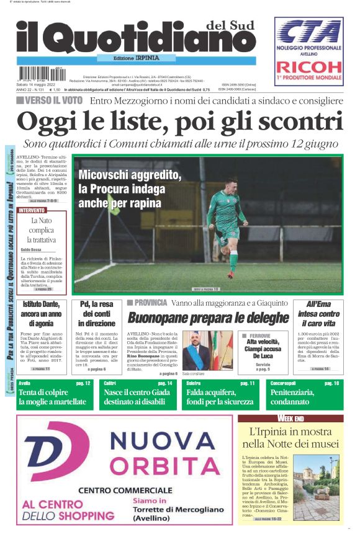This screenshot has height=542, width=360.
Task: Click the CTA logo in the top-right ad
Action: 309,32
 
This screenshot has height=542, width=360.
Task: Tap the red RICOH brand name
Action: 309,67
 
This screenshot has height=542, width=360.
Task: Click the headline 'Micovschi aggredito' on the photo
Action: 130,176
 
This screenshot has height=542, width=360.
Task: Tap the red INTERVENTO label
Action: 32,211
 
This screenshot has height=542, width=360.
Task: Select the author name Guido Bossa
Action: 31,249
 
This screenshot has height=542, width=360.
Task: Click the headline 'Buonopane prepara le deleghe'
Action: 208,318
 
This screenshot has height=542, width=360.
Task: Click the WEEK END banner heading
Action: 290,419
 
